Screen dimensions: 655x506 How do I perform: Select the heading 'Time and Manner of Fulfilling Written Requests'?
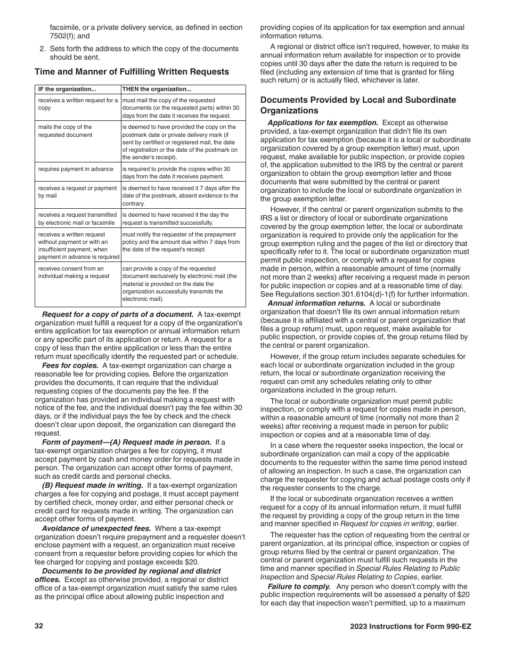[132, 72]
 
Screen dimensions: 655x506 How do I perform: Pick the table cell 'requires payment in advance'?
[76, 169]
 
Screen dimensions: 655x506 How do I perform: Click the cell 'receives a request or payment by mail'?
[77, 192]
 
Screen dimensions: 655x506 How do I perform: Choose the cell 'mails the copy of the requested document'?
[65, 131]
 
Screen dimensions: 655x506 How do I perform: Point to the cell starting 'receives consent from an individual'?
[74, 272]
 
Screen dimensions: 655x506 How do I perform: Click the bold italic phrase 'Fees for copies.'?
[70, 366]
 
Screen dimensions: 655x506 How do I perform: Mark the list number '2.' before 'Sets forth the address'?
[43, 49]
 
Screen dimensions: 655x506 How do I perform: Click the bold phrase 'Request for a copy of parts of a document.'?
[118, 314]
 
